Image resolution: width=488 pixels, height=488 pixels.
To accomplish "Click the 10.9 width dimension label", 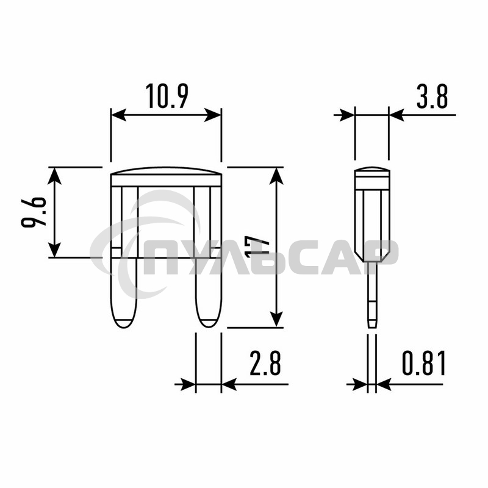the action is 167,96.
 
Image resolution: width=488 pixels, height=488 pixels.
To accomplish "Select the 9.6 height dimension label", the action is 34,212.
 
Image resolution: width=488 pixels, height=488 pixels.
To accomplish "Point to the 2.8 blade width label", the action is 265,362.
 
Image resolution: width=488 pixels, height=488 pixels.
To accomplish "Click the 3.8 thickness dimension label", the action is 432,96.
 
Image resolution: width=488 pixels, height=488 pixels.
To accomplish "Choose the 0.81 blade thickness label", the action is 424,362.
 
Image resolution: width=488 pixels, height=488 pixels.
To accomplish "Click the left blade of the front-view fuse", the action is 124,293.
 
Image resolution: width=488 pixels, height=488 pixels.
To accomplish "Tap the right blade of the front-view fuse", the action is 209,293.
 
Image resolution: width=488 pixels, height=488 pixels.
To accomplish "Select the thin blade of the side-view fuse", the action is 372,295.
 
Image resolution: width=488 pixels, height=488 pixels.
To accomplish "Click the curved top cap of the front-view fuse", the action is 167,171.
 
